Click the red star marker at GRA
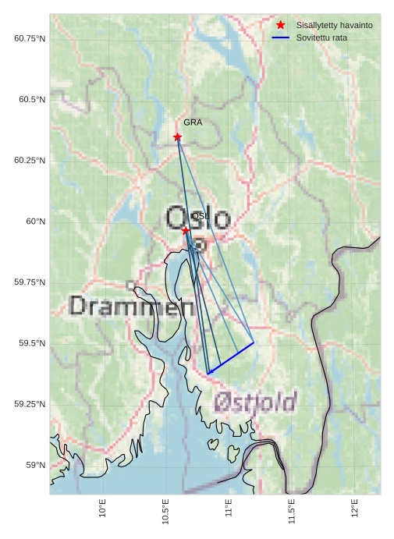tap(177, 137)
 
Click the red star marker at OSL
tap(186, 230)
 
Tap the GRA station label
tap(193, 122)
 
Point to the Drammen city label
tap(131, 306)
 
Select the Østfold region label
tap(255, 402)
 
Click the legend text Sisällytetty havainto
tap(334, 25)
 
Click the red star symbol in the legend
tap(281, 25)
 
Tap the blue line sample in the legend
tap(281, 37)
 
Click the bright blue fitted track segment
tap(232, 358)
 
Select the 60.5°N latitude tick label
tap(32, 99)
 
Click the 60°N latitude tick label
tap(36, 222)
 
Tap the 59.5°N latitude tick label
tap(32, 343)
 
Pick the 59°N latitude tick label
tap(36, 465)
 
